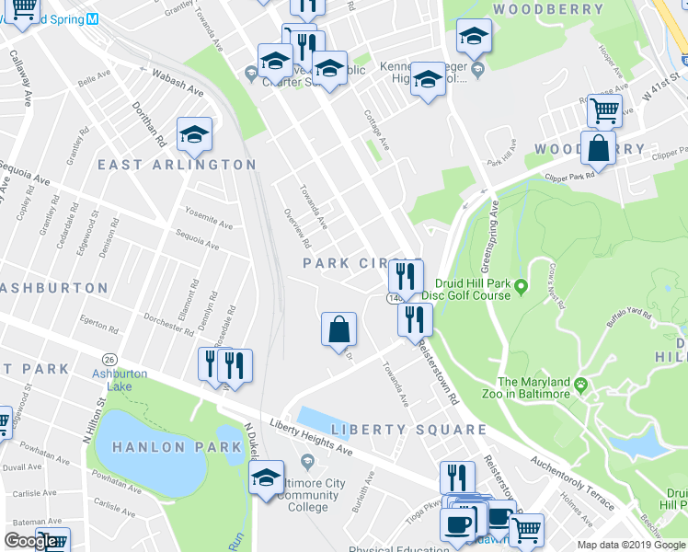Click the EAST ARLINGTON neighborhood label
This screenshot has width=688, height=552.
[177, 165]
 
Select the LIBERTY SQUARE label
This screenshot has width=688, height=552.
[408, 430]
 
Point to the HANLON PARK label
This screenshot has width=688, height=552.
[176, 447]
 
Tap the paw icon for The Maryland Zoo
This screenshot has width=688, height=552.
[581, 383]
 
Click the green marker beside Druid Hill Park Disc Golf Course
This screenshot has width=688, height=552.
[521, 288]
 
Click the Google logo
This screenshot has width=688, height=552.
[30, 542]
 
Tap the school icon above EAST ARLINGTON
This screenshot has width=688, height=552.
[194, 134]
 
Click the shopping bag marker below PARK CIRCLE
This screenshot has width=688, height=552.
[338, 329]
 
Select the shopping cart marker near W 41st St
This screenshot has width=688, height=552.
[604, 110]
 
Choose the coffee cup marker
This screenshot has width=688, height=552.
[457, 524]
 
